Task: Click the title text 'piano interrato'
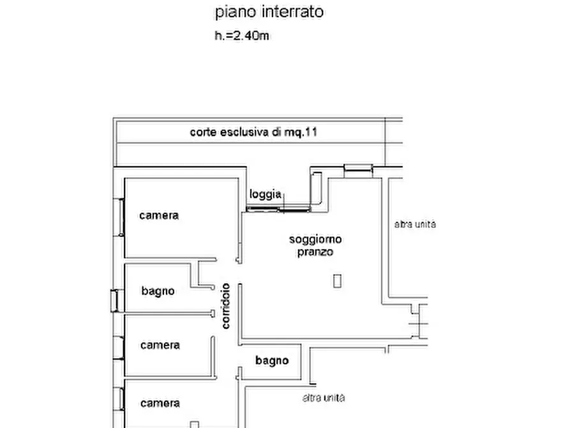269,11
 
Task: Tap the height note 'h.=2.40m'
241,36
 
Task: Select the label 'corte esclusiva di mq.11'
253,133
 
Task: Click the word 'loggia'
266,194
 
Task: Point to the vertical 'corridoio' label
226,306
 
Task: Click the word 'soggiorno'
315,240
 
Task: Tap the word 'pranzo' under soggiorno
315,252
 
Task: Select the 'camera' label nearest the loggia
159,215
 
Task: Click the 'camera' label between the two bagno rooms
160,345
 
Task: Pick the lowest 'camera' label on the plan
160,403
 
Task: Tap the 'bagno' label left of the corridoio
158,291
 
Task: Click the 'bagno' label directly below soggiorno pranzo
272,360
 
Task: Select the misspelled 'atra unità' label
415,224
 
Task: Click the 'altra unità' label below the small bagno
324,397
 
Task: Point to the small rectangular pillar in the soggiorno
337,280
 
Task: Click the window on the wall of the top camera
119,217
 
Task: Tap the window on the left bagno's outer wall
114,300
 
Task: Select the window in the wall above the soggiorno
357,169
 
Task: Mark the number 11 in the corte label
311,133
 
